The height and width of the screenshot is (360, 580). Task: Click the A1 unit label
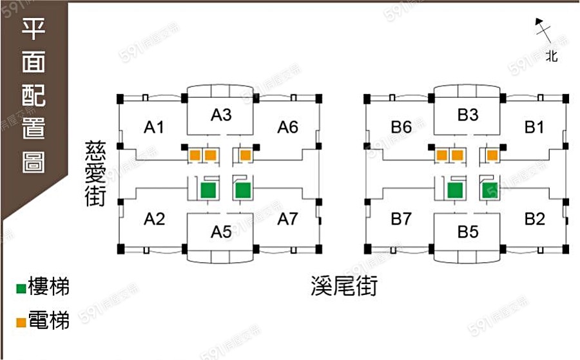[154, 128]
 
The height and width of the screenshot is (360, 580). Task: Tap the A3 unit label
[221, 115]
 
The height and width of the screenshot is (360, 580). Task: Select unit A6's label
[288, 128]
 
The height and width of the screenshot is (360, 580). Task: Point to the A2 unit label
[154, 219]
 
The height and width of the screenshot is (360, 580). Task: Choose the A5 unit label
[221, 232]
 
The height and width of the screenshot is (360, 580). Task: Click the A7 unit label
[288, 219]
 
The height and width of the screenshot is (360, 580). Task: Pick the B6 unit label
[401, 128]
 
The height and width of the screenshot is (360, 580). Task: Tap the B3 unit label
[468, 115]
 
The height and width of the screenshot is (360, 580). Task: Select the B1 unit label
[534, 128]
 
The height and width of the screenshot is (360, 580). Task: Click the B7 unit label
[401, 219]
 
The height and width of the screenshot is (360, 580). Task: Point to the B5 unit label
[468, 232]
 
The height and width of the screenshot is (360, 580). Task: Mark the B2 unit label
[535, 219]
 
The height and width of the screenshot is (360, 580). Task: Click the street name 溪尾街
[344, 286]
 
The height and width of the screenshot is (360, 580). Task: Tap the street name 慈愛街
[95, 173]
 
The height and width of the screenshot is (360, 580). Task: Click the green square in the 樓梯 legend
[21, 289]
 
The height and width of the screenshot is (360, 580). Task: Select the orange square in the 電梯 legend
[21, 323]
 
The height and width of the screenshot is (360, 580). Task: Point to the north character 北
[552, 56]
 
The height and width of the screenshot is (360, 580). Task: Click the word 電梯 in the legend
[49, 320]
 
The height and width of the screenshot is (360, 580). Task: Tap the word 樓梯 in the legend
[49, 286]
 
